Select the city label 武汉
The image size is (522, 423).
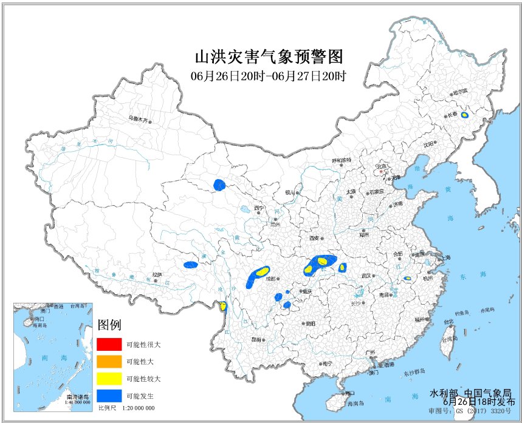pos(366,275)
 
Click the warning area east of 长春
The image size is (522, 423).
pos(464,115)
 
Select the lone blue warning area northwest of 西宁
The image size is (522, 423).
pos(219,184)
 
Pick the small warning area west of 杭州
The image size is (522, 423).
pos(407,279)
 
